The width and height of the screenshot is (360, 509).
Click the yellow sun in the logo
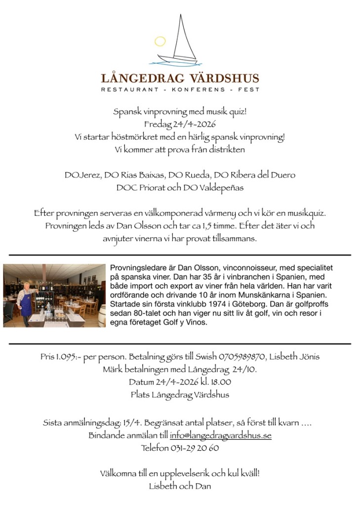tap(160, 42)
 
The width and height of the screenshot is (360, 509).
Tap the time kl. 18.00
tap(215, 382)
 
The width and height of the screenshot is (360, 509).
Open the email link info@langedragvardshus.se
tap(220, 436)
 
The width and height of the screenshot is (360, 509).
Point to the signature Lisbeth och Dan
tap(180, 486)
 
